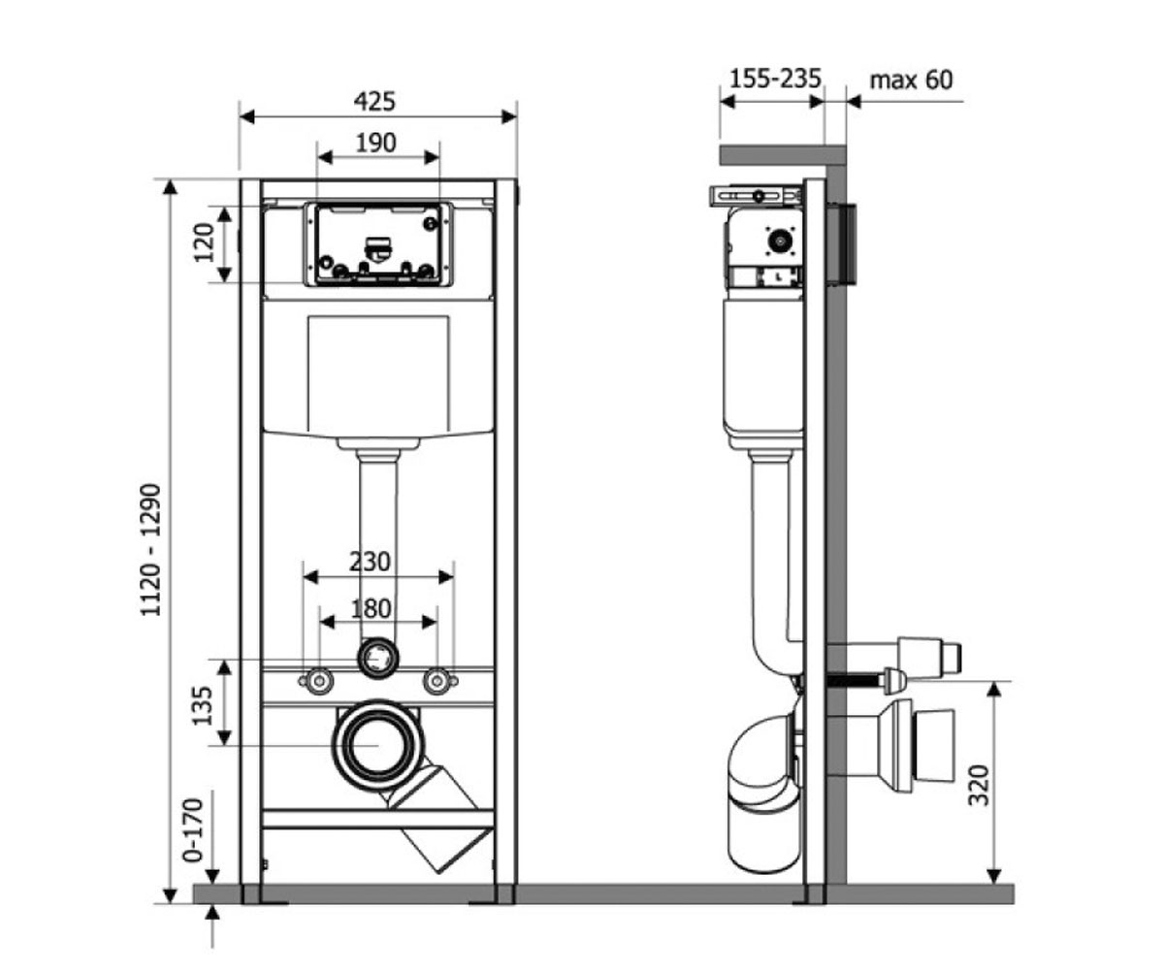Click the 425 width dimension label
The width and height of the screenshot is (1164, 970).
pyautogui.click(x=374, y=102)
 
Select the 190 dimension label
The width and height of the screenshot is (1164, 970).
pyautogui.click(x=376, y=144)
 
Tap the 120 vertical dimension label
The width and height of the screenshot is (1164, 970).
pyautogui.click(x=204, y=242)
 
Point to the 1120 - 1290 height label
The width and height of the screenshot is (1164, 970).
pyautogui.click(x=150, y=550)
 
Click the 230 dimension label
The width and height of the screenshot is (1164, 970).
pyautogui.click(x=370, y=562)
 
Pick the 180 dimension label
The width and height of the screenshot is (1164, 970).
pyautogui.click(x=372, y=608)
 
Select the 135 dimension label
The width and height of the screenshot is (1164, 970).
pyautogui.click(x=203, y=706)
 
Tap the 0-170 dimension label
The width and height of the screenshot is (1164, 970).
pyautogui.click(x=193, y=830)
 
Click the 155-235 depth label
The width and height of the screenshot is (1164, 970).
pyautogui.click(x=775, y=79)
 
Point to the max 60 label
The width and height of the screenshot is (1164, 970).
pyautogui.click(x=912, y=81)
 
